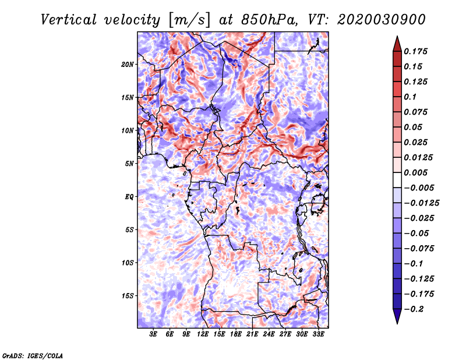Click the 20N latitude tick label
pos(128,65)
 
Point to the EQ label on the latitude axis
pos(129,197)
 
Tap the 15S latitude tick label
pos(128,296)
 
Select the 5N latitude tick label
pos(129,164)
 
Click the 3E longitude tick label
pos(153,334)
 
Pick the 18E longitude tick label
pos(236,334)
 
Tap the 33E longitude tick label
pos(318,334)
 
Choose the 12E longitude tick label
pos(203,334)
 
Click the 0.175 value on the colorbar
pos(415,51)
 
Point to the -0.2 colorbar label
pos(414,309)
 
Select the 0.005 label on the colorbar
pos(415,172)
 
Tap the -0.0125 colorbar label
pos(421,203)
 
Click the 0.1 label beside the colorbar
pos(410,97)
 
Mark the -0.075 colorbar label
pos(419,249)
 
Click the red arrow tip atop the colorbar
pos(397,37)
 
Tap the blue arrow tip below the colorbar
pos(397,323)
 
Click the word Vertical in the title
pos(69,20)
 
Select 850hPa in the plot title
pos(269,20)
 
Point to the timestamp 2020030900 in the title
pos(382,20)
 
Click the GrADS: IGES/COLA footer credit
pos(33,355)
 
